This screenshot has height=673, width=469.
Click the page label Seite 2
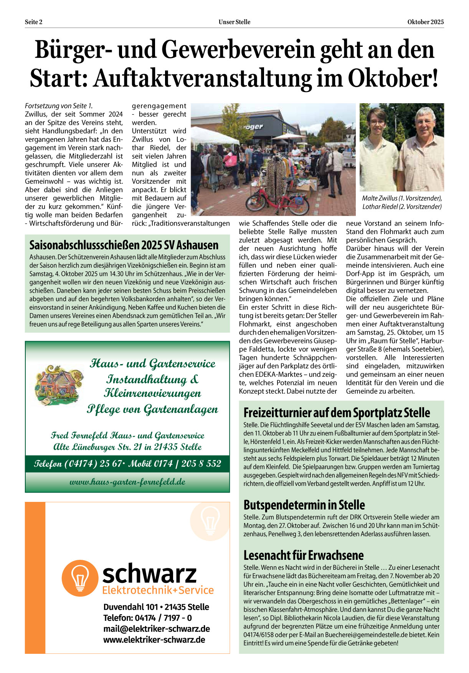coord(34,22)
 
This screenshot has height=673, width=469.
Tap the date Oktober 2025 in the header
coord(425,22)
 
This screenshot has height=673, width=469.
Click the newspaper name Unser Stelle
coord(234,22)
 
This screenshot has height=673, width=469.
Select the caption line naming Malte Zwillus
coord(402,198)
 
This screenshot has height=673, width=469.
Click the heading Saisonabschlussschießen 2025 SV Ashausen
coord(124,245)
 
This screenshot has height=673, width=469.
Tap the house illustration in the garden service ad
coord(58,384)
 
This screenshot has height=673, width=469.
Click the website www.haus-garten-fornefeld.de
coord(127,482)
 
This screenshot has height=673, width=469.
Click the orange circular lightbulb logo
coord(80,578)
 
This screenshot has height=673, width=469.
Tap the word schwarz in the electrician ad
coord(149,573)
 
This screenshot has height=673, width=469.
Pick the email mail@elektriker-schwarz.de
coord(157,628)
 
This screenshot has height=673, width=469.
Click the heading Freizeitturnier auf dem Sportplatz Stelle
coord(337,413)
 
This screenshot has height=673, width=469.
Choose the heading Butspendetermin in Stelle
coord(304,505)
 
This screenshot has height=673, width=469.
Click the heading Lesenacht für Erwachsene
coord(303,555)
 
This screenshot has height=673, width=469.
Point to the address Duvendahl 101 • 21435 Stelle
coord(156,607)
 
